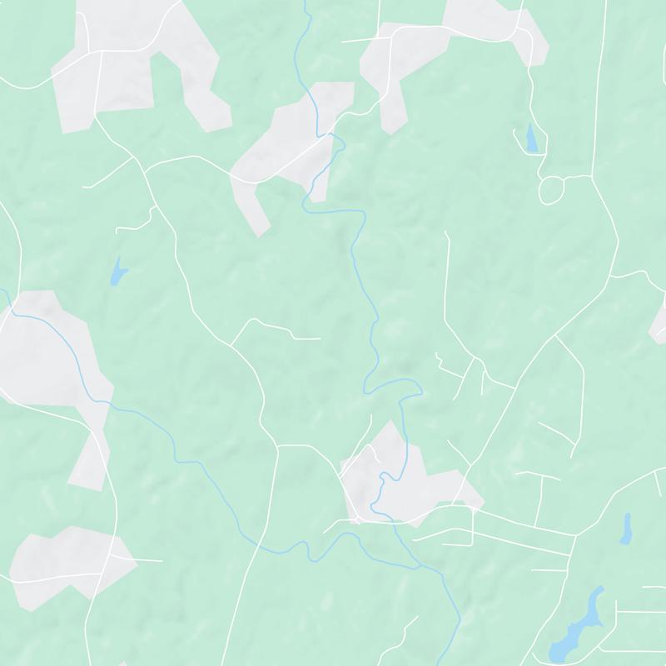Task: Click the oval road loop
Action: tap(551, 191)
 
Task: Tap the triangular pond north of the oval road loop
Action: tap(530, 139)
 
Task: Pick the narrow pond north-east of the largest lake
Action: tap(626, 528)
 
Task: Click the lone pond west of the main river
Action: tap(117, 271)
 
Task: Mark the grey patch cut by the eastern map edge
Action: tap(659, 321)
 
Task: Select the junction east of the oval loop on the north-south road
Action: tap(592, 176)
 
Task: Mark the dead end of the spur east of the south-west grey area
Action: tap(162, 560)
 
